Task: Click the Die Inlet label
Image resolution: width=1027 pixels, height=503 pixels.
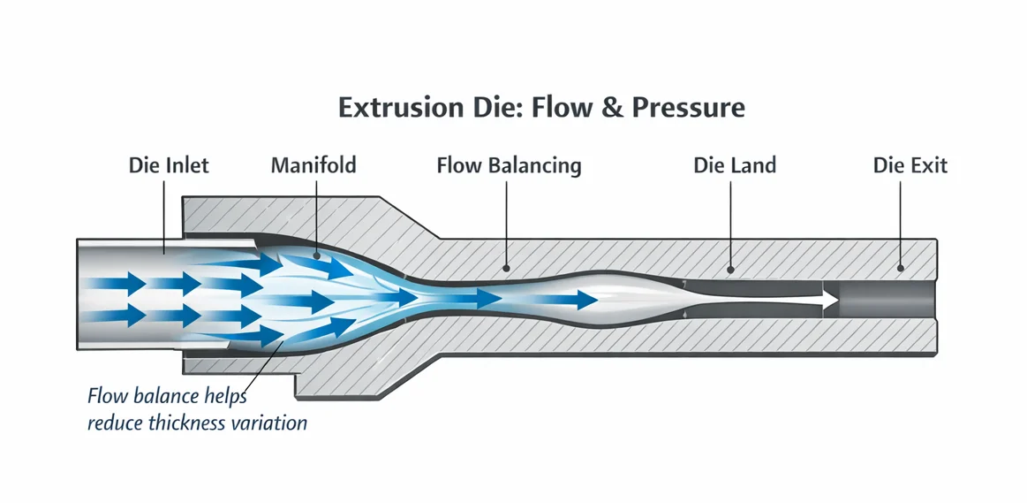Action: (169, 165)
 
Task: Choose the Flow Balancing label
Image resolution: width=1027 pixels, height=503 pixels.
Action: (509, 165)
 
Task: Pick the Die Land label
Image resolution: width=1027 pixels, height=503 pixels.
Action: (734, 165)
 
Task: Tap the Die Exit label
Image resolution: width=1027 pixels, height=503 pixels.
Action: (910, 165)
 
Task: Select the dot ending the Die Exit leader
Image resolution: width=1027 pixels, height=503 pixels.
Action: (901, 267)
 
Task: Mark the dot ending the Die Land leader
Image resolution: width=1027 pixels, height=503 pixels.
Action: (732, 267)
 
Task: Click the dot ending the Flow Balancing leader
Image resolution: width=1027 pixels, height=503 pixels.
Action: (507, 267)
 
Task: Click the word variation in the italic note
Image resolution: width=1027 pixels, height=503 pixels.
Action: (275, 423)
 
